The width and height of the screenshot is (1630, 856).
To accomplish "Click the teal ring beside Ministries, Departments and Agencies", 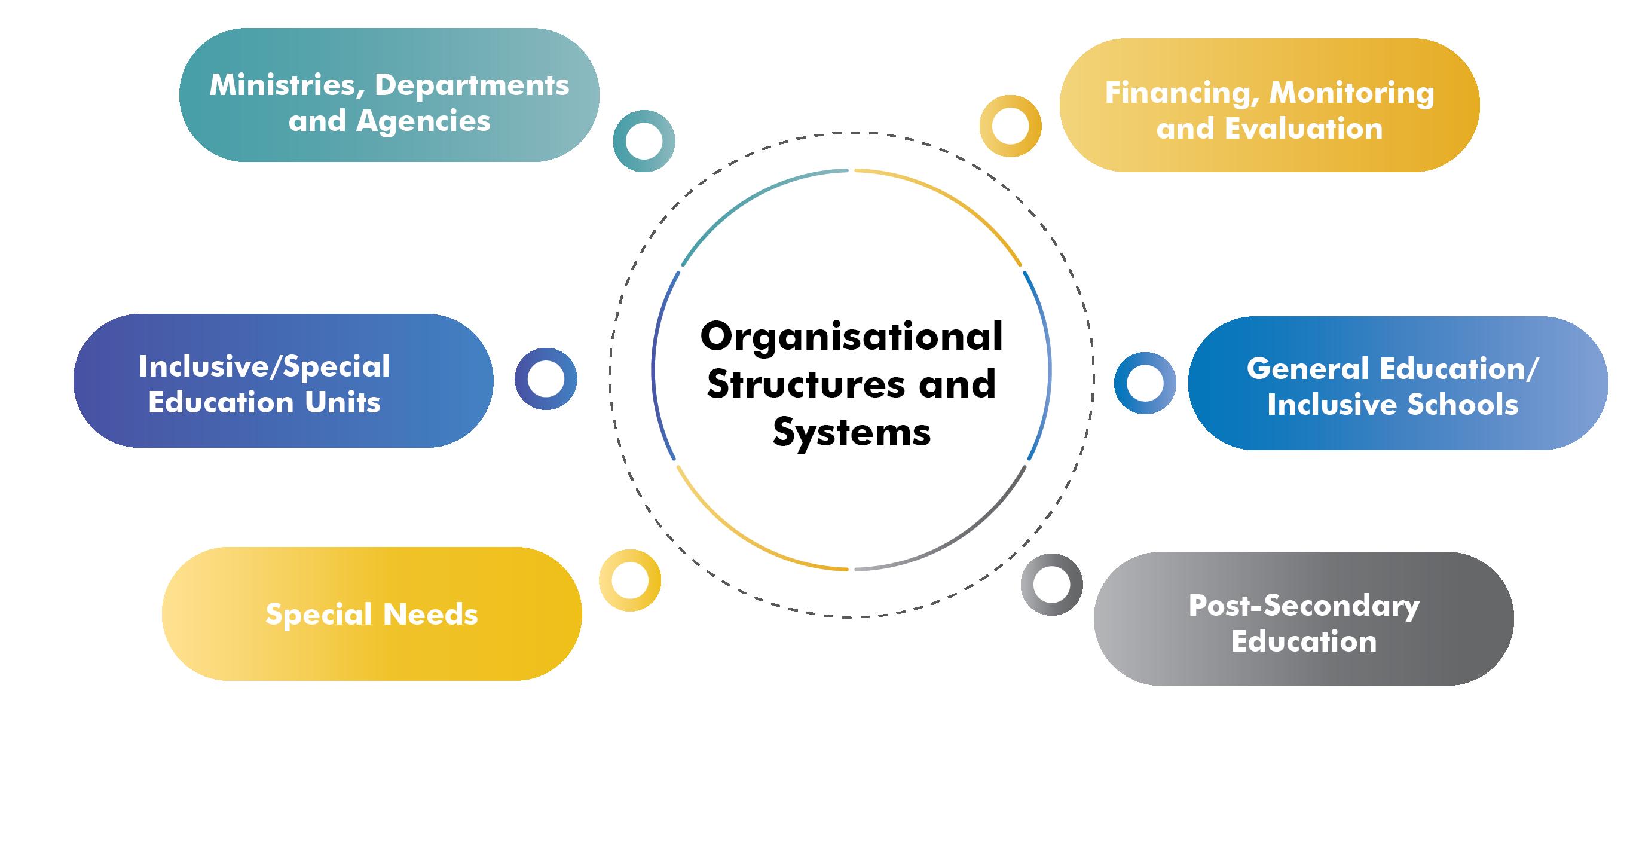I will (644, 140).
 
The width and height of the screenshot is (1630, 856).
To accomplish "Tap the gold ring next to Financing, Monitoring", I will (1011, 126).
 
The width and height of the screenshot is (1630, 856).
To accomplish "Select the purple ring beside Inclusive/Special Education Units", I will (546, 379).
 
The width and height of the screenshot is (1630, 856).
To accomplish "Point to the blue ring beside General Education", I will (1145, 383).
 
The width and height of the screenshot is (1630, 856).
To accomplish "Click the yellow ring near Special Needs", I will (630, 580).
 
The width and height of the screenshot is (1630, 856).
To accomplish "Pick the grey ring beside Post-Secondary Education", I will (1051, 584).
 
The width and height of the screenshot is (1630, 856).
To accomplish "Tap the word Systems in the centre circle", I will (852, 433).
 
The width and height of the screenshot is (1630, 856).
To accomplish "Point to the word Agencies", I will (423, 121).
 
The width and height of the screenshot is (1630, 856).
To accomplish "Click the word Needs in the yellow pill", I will (430, 615).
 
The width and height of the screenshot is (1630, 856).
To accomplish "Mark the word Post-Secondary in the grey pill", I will (1304, 606).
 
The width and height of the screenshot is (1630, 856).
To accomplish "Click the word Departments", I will (472, 85).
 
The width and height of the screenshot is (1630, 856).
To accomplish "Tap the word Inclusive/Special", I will (265, 367).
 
